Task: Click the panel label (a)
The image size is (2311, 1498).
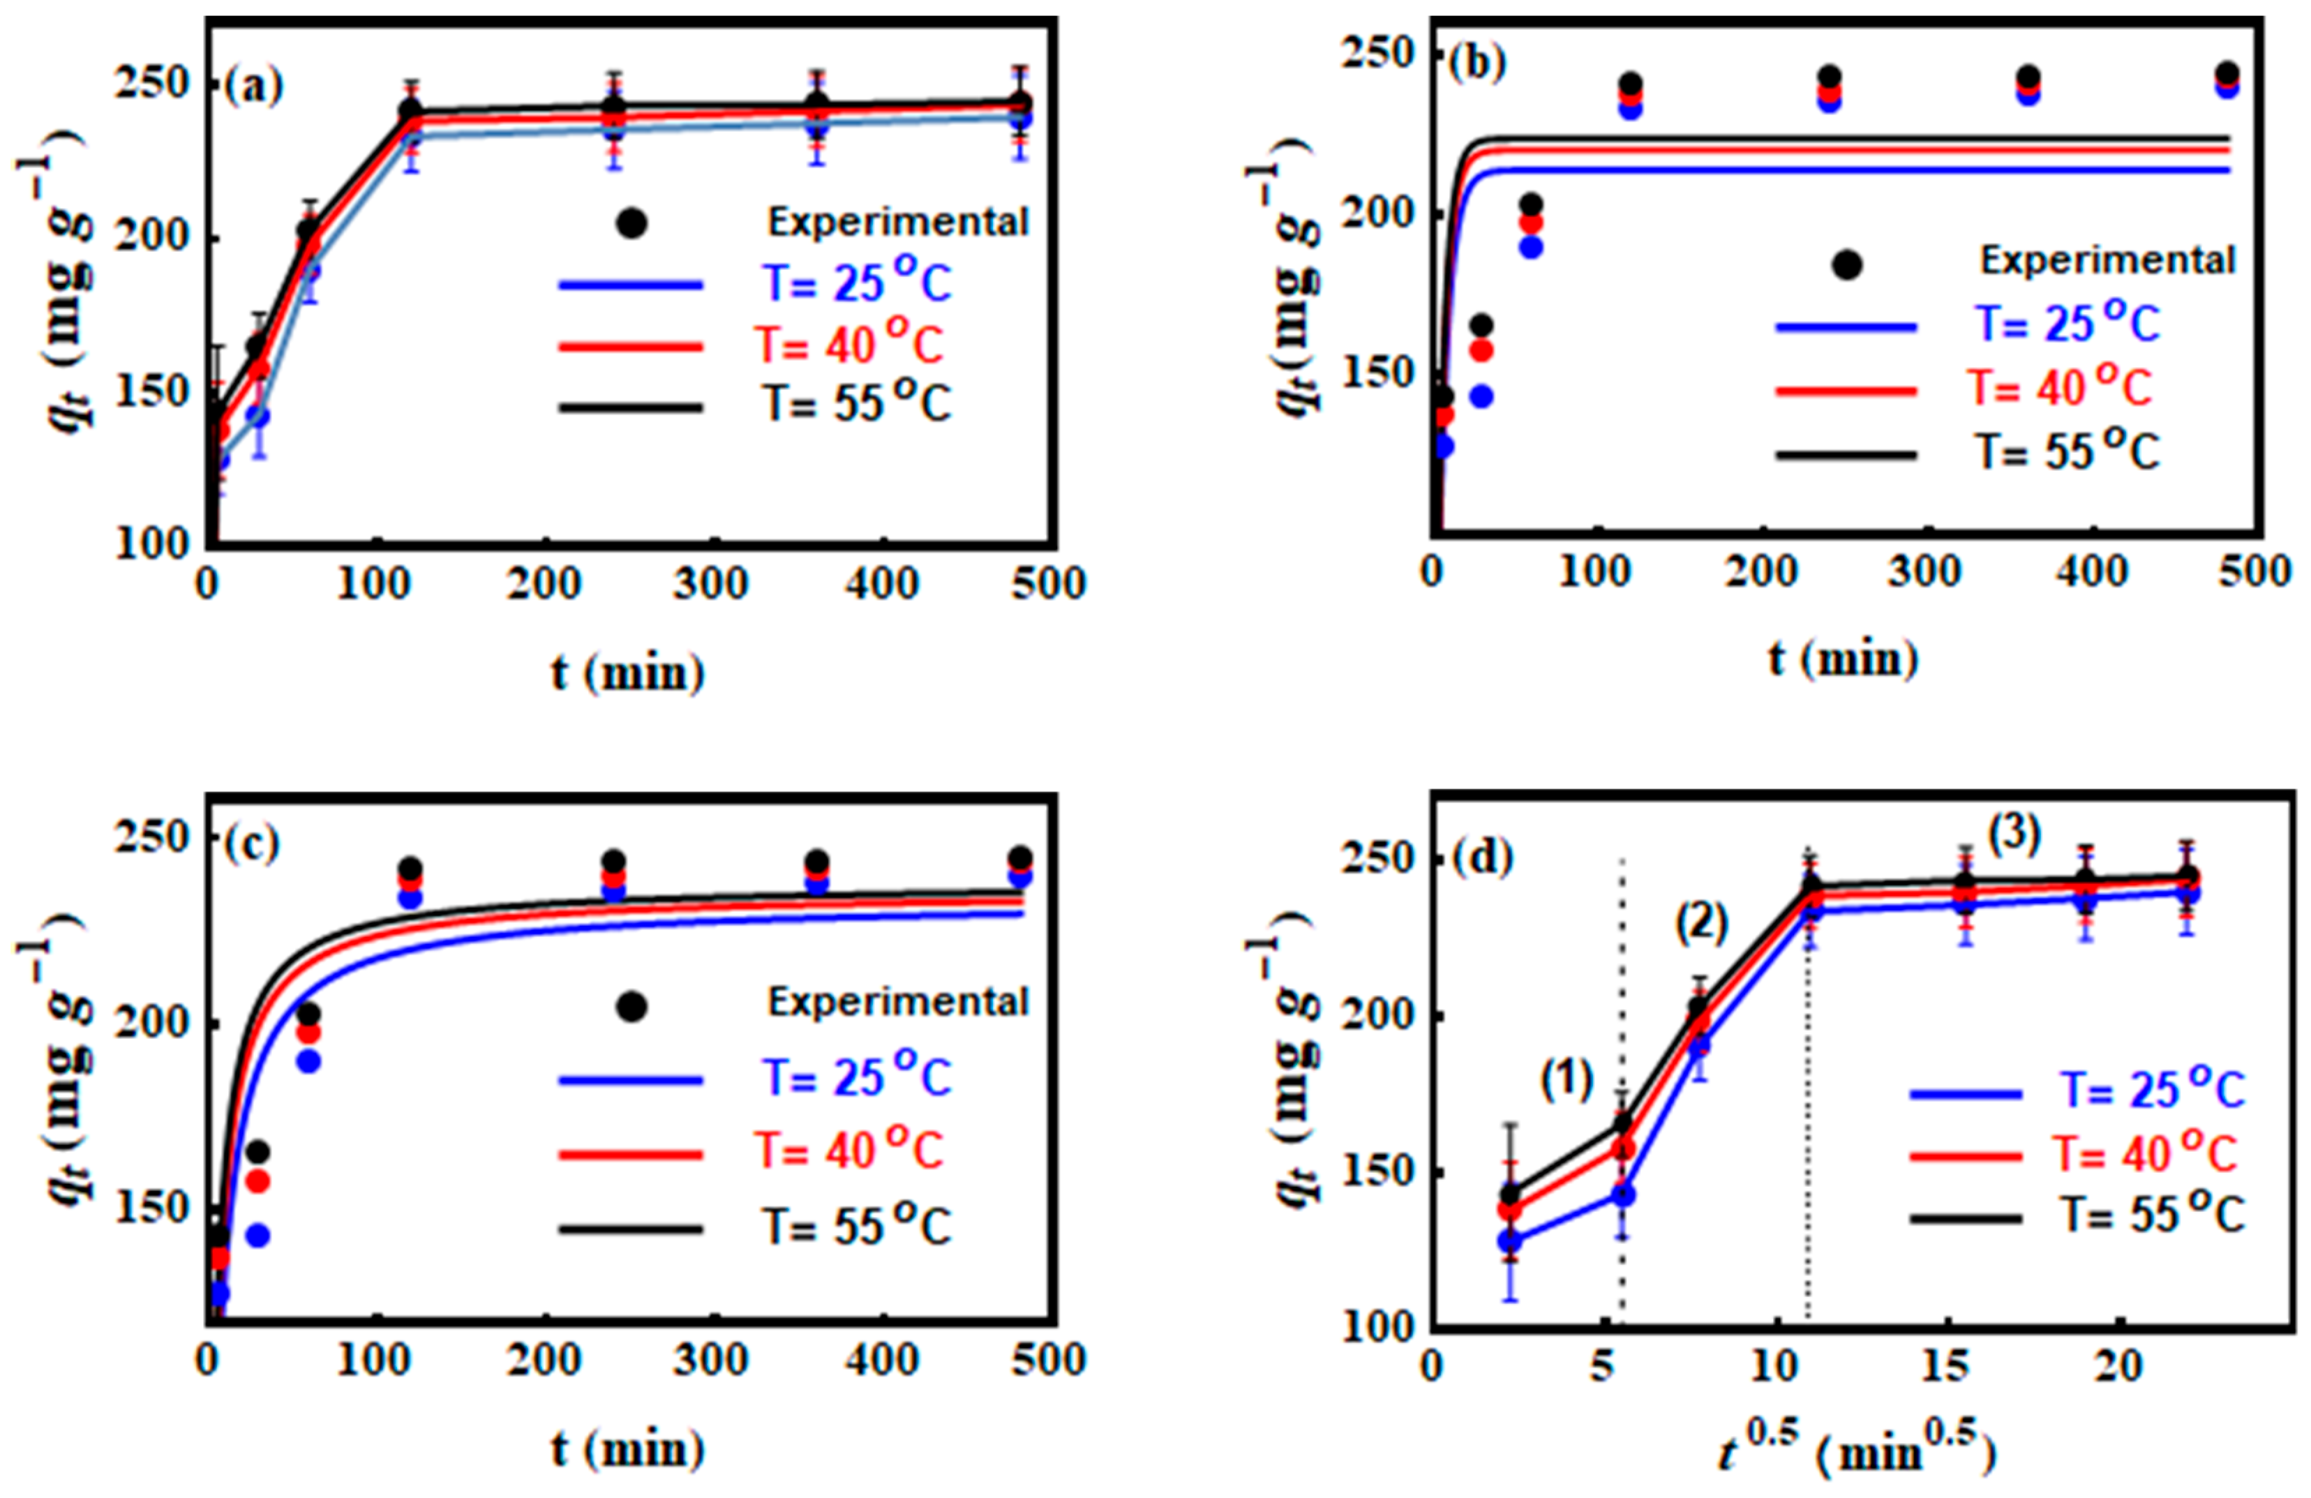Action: (255, 87)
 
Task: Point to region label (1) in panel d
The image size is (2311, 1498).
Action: (1566, 1079)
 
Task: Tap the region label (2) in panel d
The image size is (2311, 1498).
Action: (1702, 922)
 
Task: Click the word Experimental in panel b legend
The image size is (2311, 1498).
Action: (2108, 260)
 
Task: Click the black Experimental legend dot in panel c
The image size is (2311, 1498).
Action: (631, 1007)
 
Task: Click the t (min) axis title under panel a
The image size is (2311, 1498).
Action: (628, 672)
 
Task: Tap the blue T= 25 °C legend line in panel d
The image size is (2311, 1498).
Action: (1966, 1093)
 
